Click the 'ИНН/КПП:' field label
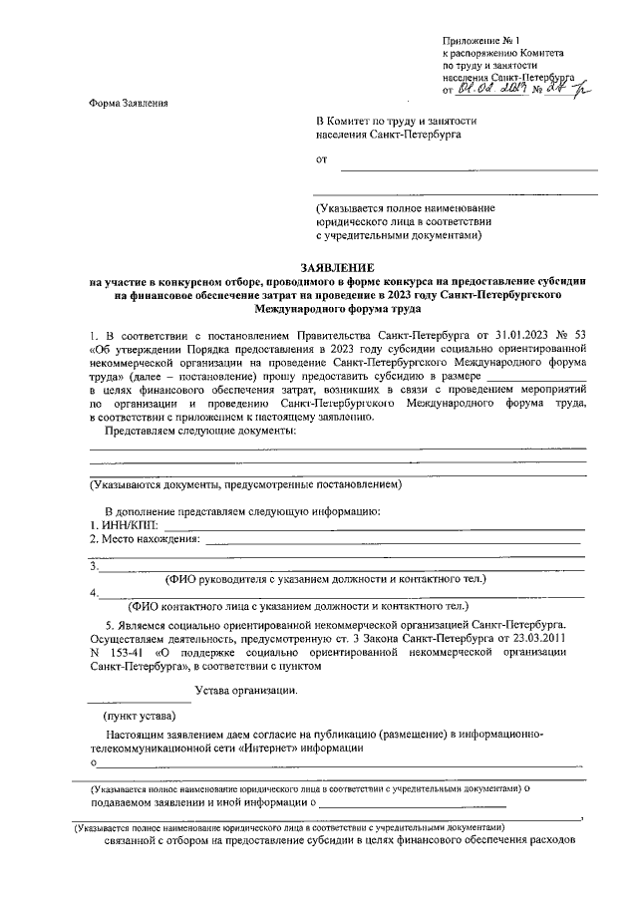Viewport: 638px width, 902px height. click(124, 524)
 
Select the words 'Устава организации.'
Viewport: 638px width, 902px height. click(245, 691)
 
